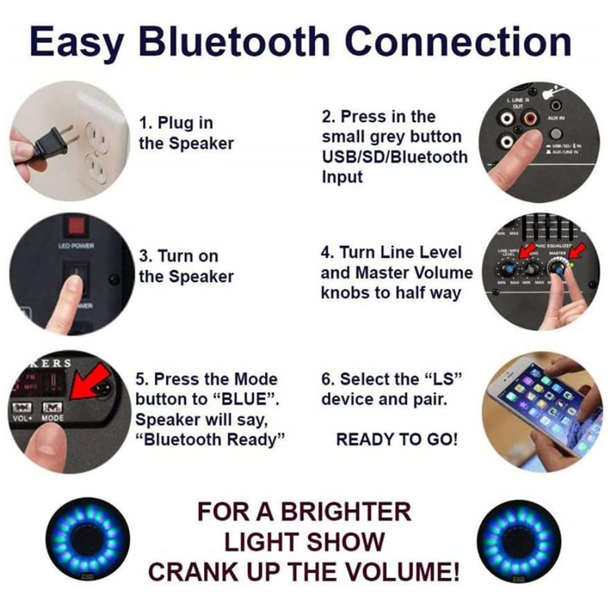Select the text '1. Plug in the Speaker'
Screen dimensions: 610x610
(x=186, y=133)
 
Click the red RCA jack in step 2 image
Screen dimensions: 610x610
(x=530, y=119)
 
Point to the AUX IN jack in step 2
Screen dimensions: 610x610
(x=556, y=106)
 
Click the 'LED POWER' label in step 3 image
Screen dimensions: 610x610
(x=76, y=246)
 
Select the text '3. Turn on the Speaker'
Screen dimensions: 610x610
(x=186, y=266)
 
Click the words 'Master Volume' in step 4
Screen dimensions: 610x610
(x=414, y=273)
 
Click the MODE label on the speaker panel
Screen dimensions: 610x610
(x=53, y=419)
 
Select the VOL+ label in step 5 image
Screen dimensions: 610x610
(x=24, y=419)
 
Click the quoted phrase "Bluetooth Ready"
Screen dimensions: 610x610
(x=209, y=439)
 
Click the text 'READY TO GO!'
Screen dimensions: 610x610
(x=396, y=439)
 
